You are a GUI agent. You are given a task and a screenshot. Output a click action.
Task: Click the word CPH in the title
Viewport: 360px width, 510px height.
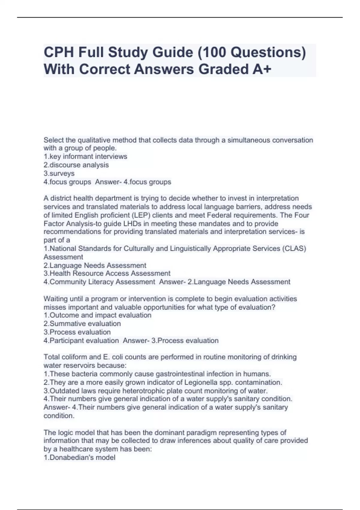(59, 52)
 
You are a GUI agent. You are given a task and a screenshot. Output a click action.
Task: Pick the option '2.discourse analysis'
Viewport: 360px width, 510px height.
(76, 165)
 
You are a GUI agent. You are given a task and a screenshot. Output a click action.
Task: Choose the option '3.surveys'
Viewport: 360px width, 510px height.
(59, 173)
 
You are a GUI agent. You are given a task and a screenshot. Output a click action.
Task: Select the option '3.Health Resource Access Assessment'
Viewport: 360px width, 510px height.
(107, 273)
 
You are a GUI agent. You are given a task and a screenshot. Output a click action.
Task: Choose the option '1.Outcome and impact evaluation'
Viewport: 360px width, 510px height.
(97, 315)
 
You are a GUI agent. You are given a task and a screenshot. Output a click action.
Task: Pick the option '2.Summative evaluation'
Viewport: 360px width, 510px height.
(82, 324)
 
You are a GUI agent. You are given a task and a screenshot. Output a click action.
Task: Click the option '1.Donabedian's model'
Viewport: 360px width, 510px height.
(79, 457)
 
